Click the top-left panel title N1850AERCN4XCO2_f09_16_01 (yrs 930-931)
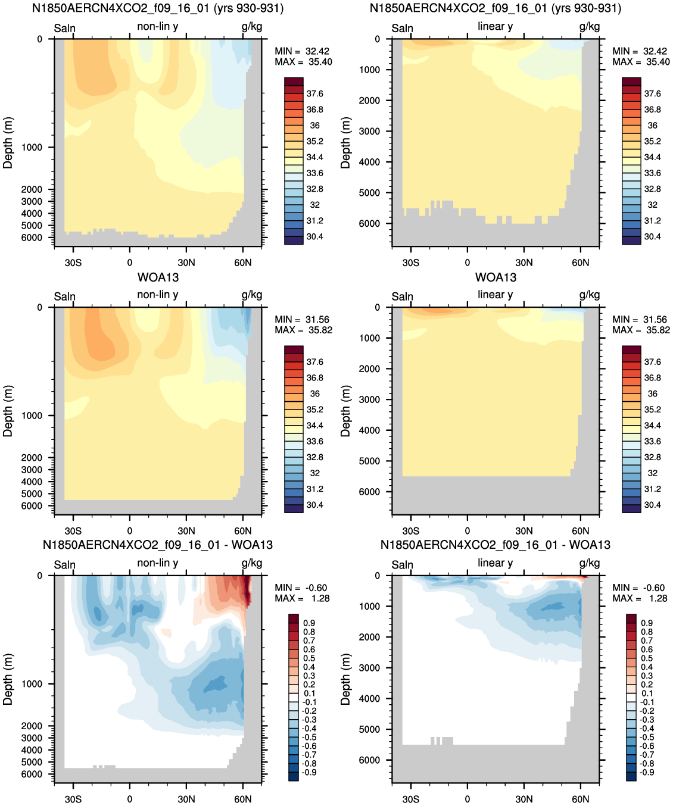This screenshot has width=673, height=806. pyautogui.click(x=158, y=8)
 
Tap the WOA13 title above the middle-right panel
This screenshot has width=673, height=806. pyautogui.click(x=496, y=277)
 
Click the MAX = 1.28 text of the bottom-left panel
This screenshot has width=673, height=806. pyautogui.click(x=302, y=598)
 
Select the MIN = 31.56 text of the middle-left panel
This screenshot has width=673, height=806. pyautogui.click(x=302, y=320)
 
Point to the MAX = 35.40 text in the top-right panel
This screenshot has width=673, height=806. pyautogui.click(x=641, y=62)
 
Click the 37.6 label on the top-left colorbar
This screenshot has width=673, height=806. pyautogui.click(x=315, y=94)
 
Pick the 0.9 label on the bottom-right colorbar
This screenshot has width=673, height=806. pyautogui.click(x=647, y=623)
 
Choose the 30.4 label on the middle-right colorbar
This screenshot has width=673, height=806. pyautogui.click(x=653, y=505)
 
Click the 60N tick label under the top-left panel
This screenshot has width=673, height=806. pyautogui.click(x=242, y=263)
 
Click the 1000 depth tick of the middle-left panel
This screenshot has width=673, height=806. pyautogui.click(x=32, y=416)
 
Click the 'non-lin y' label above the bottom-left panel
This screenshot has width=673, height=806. pyautogui.click(x=158, y=563)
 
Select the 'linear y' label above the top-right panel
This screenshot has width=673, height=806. pyautogui.click(x=496, y=26)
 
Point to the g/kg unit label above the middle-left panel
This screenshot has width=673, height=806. pyautogui.click(x=252, y=295)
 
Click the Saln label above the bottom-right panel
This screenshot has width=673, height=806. pyautogui.click(x=402, y=565)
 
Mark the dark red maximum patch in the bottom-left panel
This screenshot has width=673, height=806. pyautogui.click(x=247, y=590)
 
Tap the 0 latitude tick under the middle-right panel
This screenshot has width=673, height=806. pyautogui.click(x=468, y=531)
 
